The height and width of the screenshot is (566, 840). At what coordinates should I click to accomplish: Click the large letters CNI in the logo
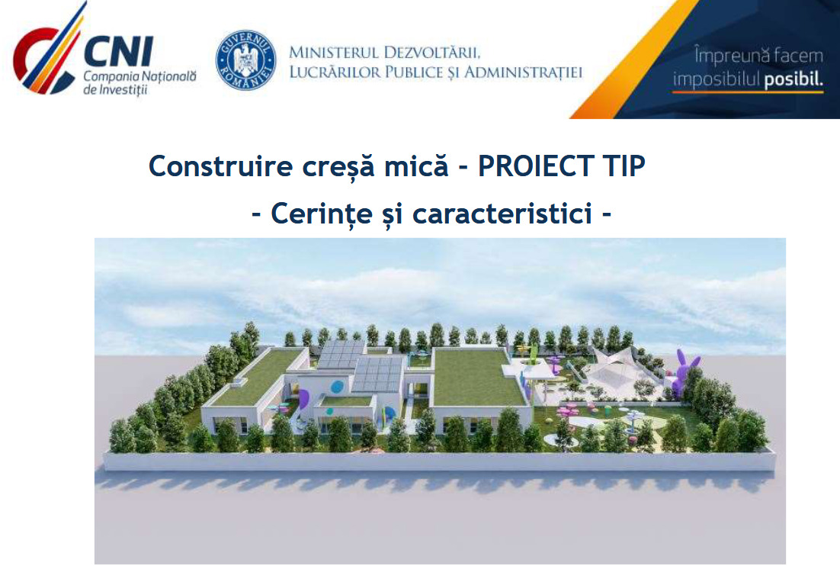tap(118, 51)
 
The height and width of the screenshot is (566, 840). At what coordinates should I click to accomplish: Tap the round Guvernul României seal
tap(245, 59)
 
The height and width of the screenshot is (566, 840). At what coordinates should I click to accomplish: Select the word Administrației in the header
tap(523, 72)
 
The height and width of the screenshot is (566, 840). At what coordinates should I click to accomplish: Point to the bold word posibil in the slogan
tap(794, 80)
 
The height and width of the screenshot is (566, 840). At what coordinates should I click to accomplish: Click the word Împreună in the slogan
tap(726, 56)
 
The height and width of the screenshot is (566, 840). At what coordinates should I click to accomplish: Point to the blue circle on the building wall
tap(337, 387)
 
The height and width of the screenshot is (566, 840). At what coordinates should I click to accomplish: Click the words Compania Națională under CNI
tap(139, 76)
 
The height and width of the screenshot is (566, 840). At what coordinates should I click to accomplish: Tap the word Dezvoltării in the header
tap(431, 53)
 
